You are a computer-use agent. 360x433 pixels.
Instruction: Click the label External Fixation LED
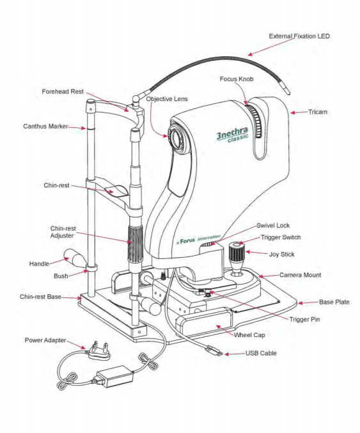(299, 36)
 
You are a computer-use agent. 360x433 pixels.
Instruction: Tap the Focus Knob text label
(237, 79)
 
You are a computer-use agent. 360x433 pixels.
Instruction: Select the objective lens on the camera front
(175, 137)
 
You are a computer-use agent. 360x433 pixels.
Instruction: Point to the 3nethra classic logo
(233, 135)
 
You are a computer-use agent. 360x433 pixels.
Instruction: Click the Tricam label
(318, 112)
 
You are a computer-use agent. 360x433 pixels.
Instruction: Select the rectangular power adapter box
(114, 376)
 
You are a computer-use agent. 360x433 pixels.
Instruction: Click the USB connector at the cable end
(214, 350)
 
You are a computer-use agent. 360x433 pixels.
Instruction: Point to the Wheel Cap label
(249, 335)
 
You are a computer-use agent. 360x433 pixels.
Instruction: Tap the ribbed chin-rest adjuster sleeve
(135, 243)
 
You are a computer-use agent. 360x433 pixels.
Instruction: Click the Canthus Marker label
(45, 127)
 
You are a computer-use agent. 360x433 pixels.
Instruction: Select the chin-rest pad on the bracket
(117, 191)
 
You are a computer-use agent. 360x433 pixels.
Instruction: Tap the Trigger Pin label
(304, 320)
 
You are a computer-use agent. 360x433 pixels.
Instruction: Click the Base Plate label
(334, 302)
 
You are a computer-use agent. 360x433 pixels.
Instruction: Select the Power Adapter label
(45, 340)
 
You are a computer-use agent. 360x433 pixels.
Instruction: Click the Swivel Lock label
(273, 226)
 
